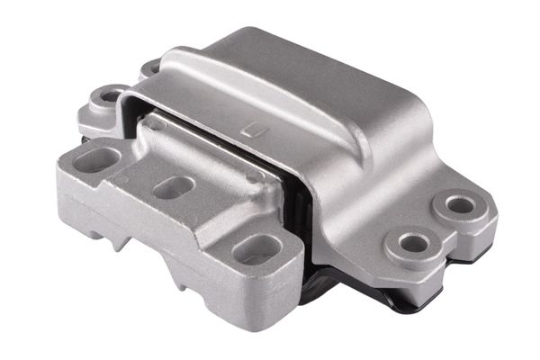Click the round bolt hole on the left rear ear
[x=112, y=96]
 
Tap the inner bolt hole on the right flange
[x=412, y=242]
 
